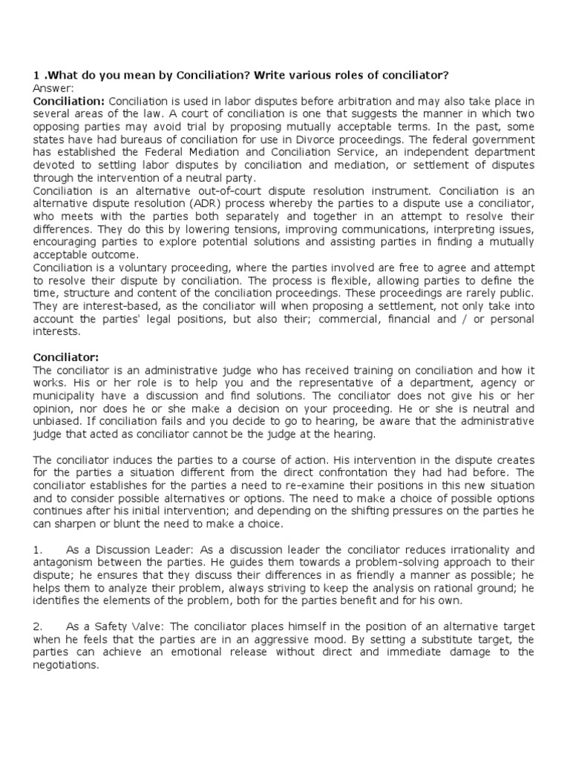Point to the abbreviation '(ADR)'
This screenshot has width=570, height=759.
[214, 203]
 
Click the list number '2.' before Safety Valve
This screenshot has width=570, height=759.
[39, 627]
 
